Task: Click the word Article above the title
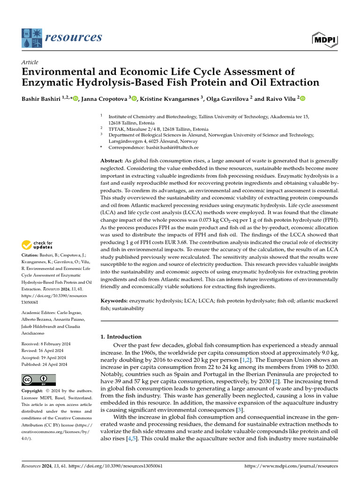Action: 30,62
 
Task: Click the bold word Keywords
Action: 115,300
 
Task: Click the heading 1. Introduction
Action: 121,337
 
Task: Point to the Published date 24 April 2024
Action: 48,364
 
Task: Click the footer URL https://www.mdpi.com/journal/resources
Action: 291,466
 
